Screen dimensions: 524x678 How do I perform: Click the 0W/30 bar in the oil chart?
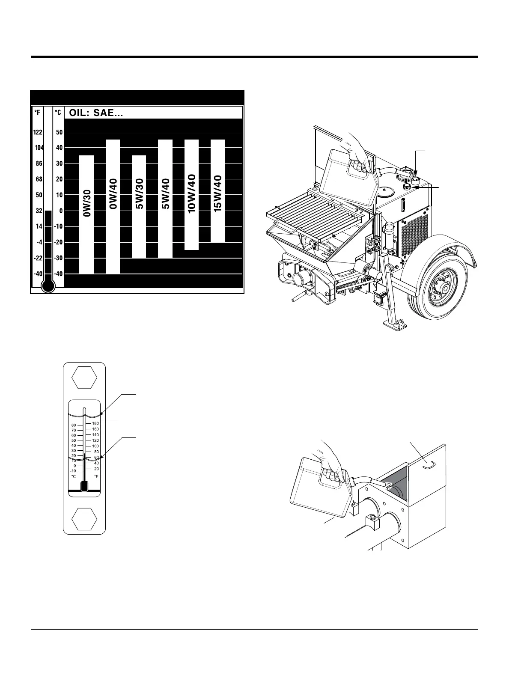point(86,214)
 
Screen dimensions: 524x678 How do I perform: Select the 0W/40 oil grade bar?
point(113,206)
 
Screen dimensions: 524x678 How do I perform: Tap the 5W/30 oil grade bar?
point(139,206)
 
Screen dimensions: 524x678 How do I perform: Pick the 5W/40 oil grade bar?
point(165,199)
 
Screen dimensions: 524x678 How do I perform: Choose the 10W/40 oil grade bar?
point(191,194)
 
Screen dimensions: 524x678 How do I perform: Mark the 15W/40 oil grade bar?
point(217,190)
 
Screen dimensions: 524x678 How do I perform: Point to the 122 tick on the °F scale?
point(38,132)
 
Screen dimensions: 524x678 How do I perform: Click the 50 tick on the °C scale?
point(59,132)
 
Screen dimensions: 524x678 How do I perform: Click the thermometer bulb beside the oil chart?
point(49,286)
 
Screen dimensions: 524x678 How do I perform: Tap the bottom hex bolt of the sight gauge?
point(84,518)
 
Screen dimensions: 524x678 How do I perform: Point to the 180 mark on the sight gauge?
point(95,423)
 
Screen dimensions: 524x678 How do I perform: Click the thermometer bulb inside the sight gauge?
point(84,486)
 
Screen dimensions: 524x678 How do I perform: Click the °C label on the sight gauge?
point(73,476)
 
